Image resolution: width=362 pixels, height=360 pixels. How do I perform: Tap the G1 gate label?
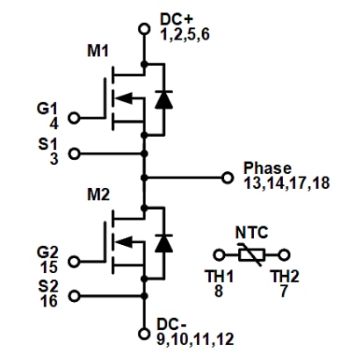click(x=45, y=110)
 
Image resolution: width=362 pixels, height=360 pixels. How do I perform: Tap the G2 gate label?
click(x=45, y=249)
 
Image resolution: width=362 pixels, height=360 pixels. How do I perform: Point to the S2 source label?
click(x=45, y=284)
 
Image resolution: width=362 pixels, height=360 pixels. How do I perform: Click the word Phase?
click(x=265, y=167)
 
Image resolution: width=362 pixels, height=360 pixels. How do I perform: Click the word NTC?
click(x=251, y=234)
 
